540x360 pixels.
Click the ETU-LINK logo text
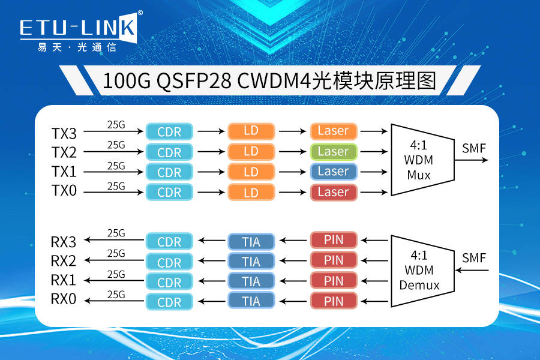[78, 28]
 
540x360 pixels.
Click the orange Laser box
[334, 131]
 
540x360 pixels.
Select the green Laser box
[334, 151]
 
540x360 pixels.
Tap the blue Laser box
[334, 172]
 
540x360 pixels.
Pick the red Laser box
[334, 192]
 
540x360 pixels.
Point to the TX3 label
[64, 132]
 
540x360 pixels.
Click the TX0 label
[64, 193]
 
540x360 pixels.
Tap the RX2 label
[64, 262]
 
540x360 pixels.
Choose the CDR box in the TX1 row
[169, 172]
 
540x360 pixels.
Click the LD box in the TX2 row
[251, 152]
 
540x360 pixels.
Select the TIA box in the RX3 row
[251, 242]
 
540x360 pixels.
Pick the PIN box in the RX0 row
[334, 301]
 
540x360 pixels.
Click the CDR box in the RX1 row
[169, 282]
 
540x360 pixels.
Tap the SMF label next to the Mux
[474, 147]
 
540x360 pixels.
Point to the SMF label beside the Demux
[474, 258]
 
